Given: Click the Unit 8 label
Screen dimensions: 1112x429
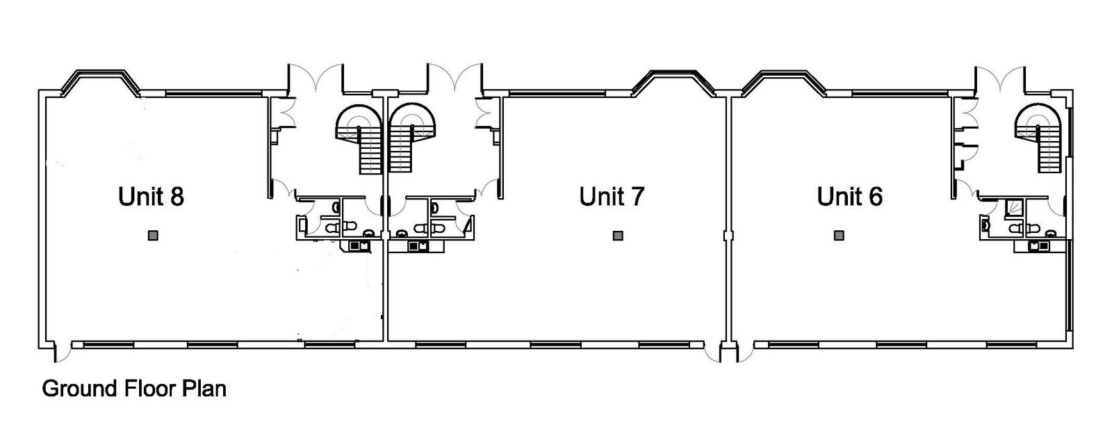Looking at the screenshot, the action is (x=152, y=196).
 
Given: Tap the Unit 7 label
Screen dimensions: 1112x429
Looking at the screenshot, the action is (x=612, y=196).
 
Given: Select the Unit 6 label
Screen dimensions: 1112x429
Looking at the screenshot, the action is (x=850, y=196).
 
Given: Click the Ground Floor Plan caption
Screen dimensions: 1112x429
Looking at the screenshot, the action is (x=134, y=388).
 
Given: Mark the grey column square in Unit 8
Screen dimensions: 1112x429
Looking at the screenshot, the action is (x=153, y=235).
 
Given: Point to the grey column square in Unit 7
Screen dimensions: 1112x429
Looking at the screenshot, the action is (x=618, y=235).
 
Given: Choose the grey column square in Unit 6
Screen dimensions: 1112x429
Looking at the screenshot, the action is (x=839, y=235).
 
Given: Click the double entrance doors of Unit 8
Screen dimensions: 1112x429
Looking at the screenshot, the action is (x=316, y=79).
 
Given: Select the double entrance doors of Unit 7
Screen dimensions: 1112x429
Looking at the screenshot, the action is (x=455, y=79).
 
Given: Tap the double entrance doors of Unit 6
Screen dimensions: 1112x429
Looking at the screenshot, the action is (x=1000, y=79).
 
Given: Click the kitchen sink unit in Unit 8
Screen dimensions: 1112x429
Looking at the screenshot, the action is (x=356, y=245).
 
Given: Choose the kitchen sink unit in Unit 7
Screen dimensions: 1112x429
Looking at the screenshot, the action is (x=416, y=245).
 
